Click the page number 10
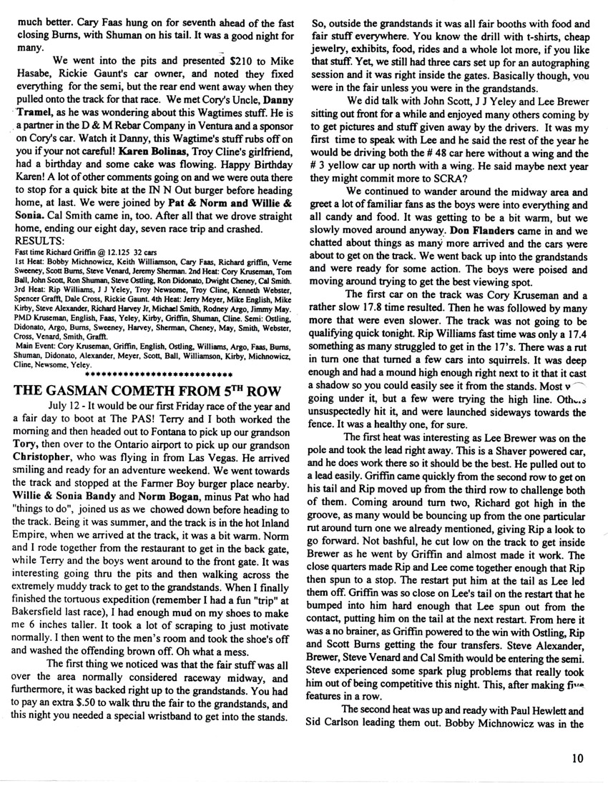click(x=579, y=758)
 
